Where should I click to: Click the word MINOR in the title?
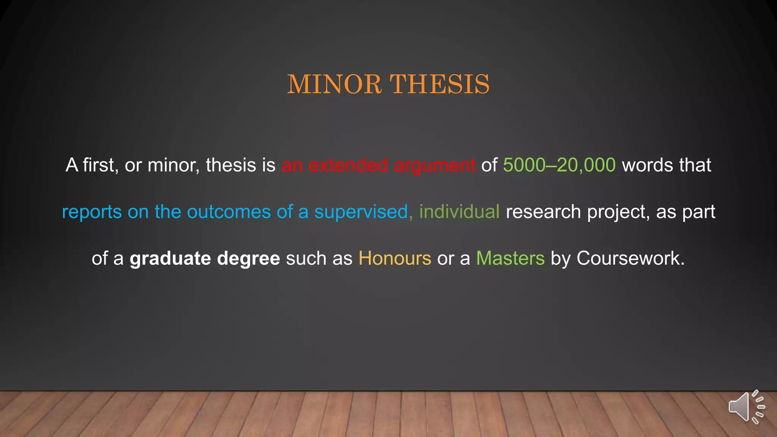click(x=334, y=84)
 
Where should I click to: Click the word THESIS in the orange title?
click(x=440, y=84)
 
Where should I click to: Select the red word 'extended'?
click(x=348, y=165)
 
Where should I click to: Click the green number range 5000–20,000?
click(x=559, y=165)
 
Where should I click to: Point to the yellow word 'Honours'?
click(x=395, y=258)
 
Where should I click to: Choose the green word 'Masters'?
click(x=510, y=258)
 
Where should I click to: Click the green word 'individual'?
click(x=459, y=212)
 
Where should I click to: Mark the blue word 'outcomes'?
click(x=229, y=212)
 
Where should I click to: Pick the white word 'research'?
click(x=543, y=212)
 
